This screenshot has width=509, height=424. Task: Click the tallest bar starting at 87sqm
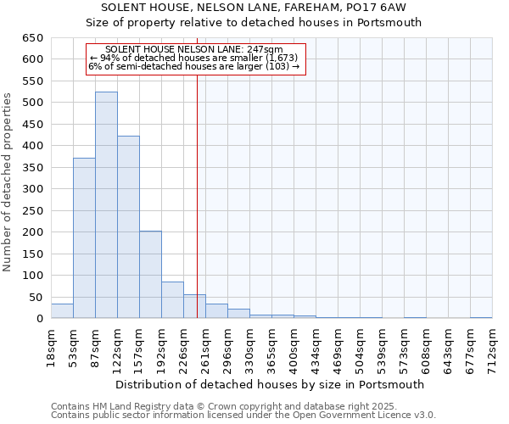tap(106, 205)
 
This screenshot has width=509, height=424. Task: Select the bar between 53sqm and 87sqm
tap(84, 238)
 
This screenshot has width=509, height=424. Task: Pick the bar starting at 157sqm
tap(150, 275)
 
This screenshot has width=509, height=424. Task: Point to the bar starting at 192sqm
tap(172, 300)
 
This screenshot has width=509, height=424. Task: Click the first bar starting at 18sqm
tap(62, 311)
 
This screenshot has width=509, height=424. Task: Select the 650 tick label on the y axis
tap(31, 38)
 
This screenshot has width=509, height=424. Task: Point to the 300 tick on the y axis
tap(31, 189)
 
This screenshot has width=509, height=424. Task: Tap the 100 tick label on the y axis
tap(31, 276)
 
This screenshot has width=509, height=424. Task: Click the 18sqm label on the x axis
tap(52, 347)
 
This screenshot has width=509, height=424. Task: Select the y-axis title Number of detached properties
tap(8, 182)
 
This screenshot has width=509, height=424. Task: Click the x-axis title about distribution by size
tap(270, 384)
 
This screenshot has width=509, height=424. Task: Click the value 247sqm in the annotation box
tap(266, 50)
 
